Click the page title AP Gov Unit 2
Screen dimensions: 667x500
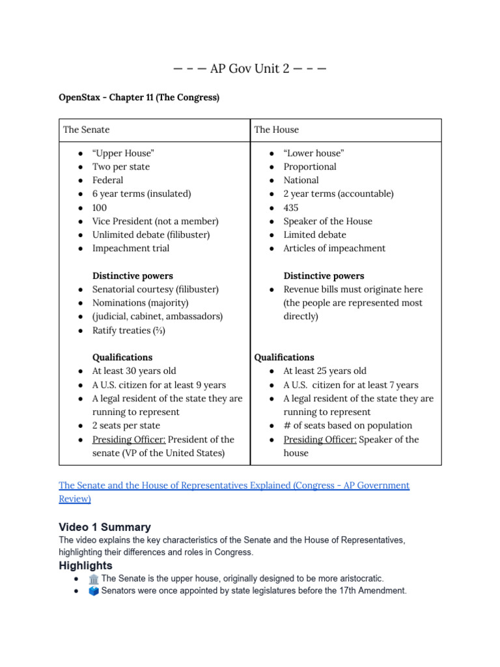pos(250,68)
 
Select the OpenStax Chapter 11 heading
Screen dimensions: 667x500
pos(139,98)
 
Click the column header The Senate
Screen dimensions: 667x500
pos(86,130)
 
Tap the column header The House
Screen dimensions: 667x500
pos(276,130)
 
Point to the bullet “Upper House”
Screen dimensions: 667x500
pos(123,153)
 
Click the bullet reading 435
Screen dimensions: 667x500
pos(291,207)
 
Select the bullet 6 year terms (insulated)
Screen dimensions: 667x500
pos(142,193)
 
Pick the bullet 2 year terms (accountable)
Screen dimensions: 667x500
pos(338,193)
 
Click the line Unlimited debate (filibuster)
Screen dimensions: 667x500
pos(151,234)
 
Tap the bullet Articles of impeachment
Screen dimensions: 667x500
pos(334,248)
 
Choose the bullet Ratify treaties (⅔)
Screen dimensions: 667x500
pos(128,330)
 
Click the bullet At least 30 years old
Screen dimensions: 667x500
pos(134,371)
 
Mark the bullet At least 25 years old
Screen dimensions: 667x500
pos(325,371)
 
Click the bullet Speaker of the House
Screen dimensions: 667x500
pos(327,221)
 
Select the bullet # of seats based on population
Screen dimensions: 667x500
pos(348,425)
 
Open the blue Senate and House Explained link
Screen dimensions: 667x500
pos(234,486)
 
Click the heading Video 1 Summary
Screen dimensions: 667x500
pos(104,527)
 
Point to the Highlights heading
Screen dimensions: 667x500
pos(85,565)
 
